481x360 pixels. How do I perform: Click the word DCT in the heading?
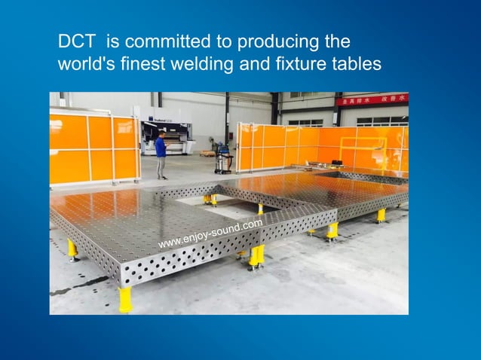pyautogui.click(x=74, y=41)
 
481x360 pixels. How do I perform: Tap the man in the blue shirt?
pyautogui.click(x=161, y=154)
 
